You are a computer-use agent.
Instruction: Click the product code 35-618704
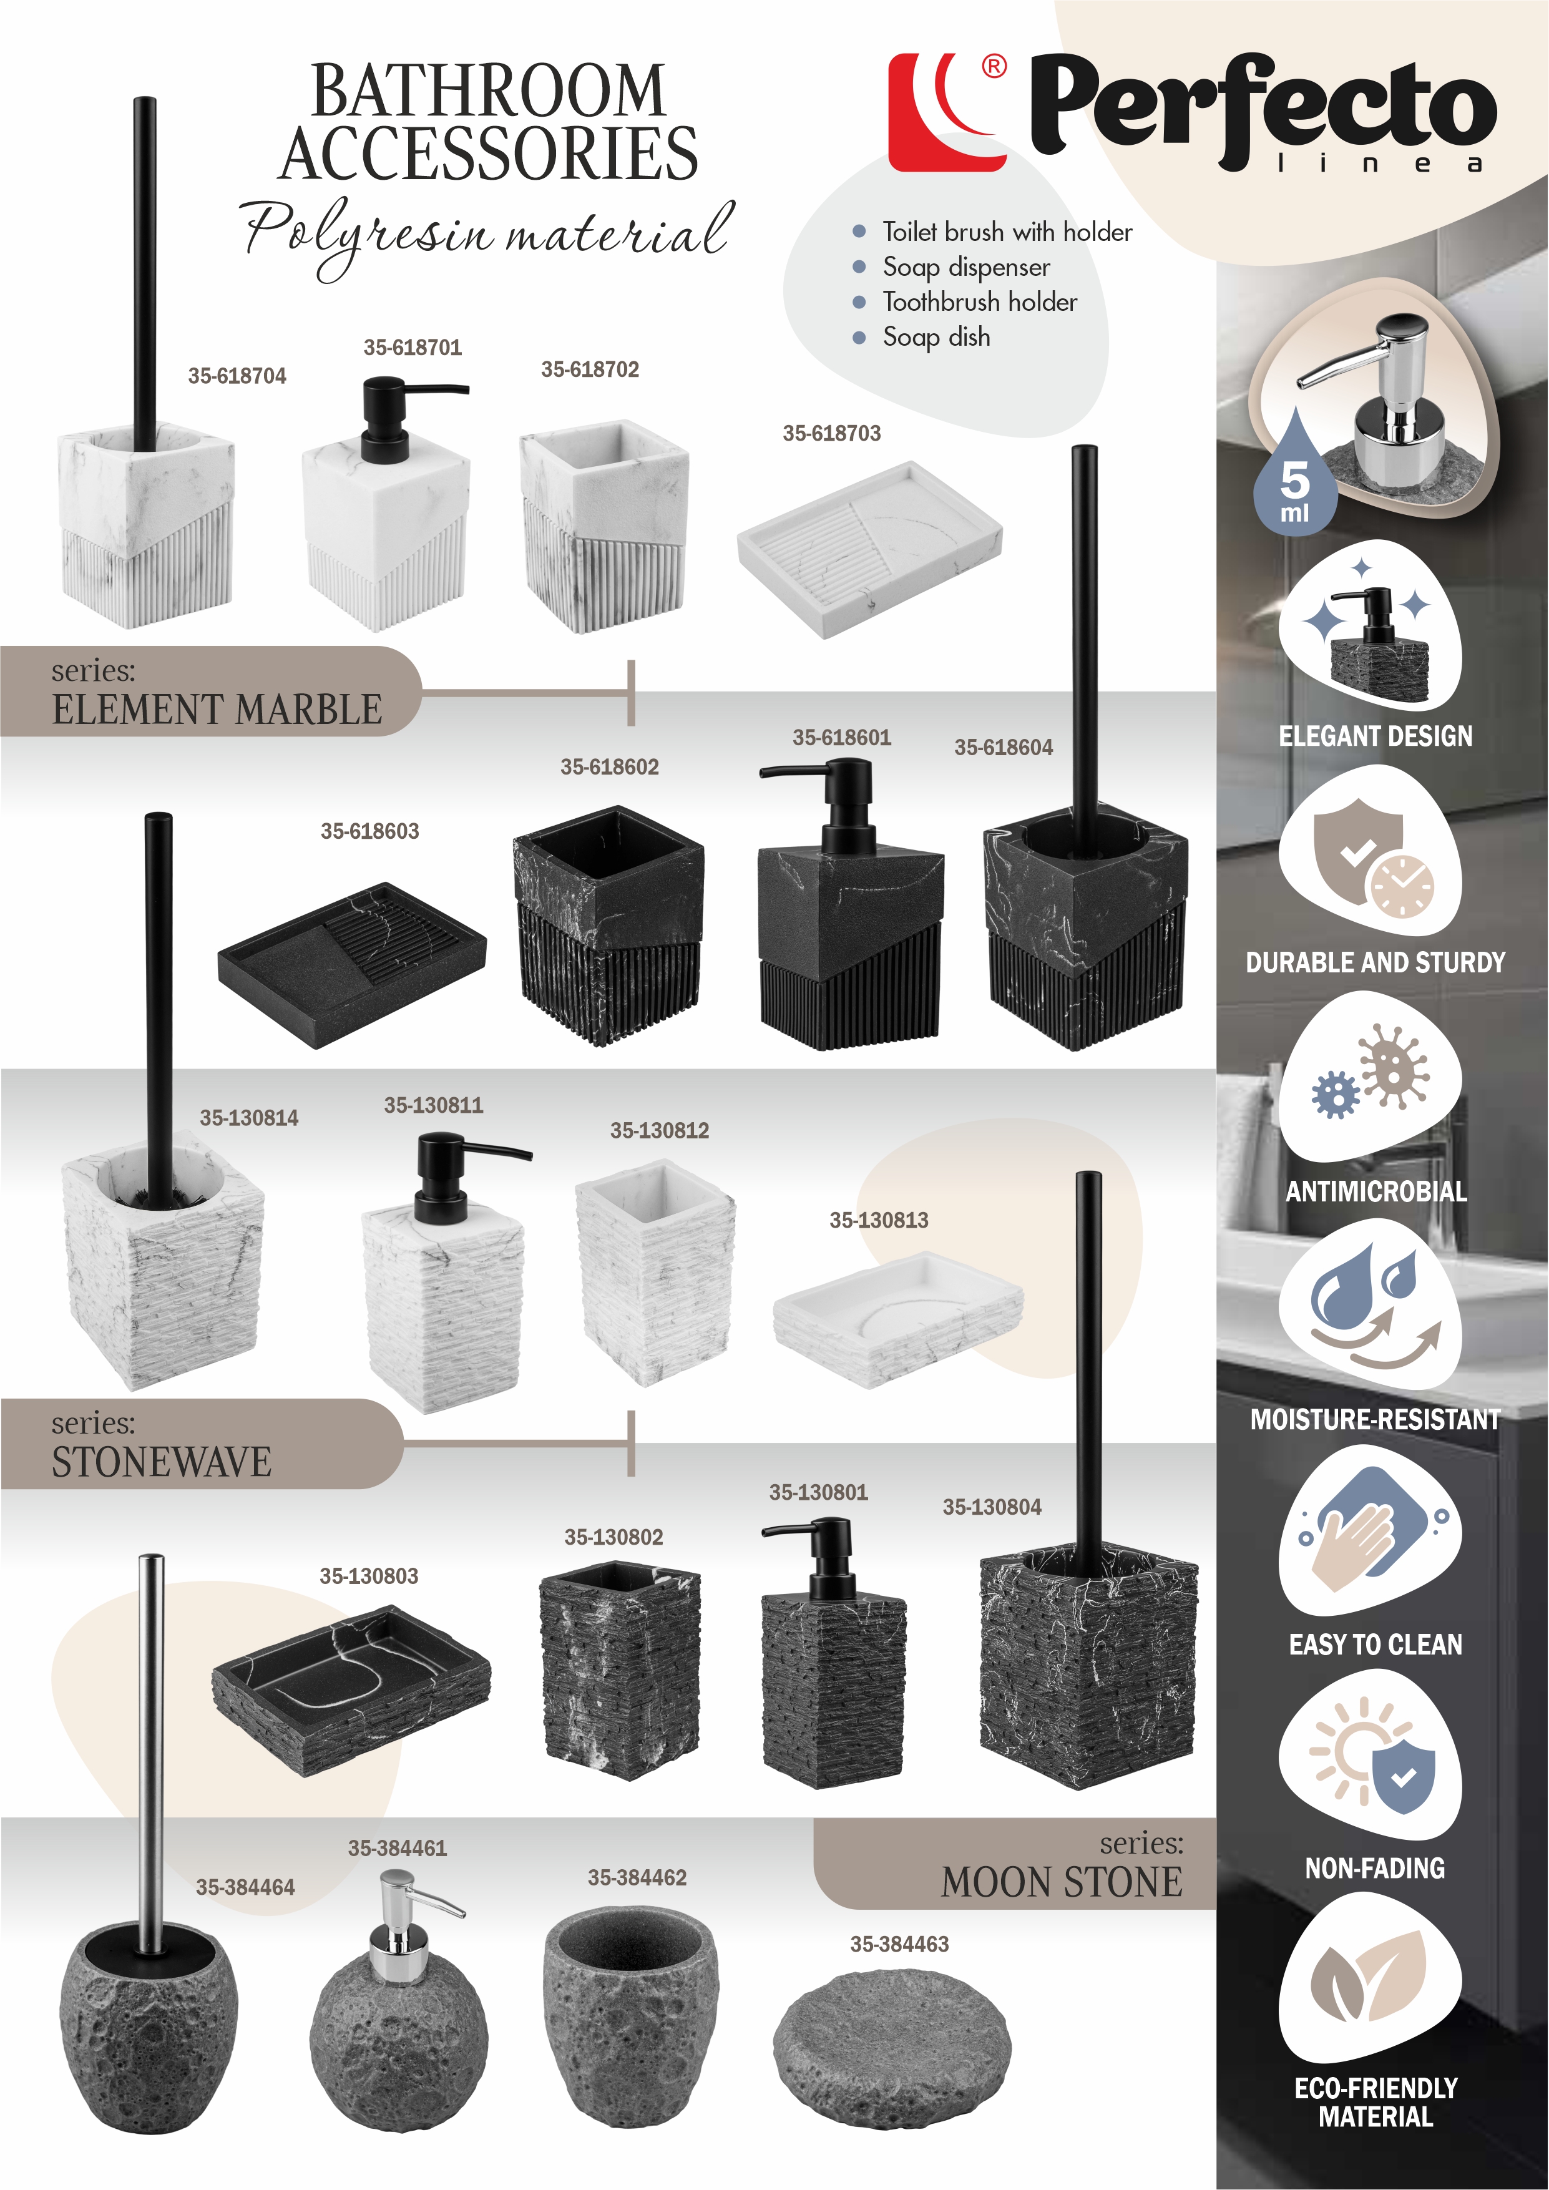click(237, 376)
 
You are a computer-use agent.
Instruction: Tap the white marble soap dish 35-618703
click(869, 549)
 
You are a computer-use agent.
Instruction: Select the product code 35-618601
click(841, 737)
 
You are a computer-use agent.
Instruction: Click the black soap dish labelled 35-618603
click(352, 964)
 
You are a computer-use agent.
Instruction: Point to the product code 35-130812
click(659, 1130)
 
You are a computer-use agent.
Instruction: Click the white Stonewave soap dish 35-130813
click(897, 1321)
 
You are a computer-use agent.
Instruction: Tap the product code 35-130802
click(613, 1537)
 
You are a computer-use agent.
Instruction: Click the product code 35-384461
click(397, 1847)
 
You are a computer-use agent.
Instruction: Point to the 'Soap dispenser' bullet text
click(966, 267)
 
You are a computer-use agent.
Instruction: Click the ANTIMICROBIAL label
click(1376, 1191)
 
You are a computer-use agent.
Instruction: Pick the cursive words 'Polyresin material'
click(486, 233)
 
